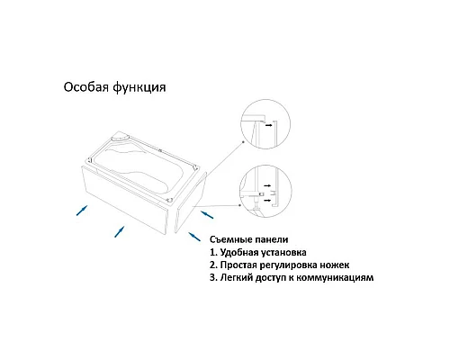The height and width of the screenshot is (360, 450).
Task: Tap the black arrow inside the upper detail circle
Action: [x=268, y=126]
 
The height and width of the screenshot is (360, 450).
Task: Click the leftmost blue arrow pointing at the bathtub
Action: [x=80, y=210]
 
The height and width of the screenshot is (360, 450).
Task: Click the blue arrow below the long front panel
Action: [x=117, y=230]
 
